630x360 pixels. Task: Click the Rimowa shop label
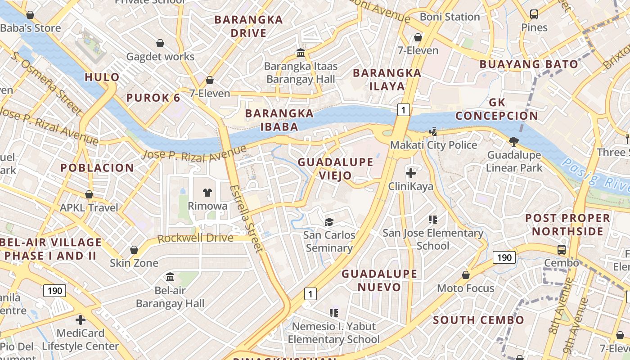[x=207, y=206]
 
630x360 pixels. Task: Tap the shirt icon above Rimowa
[x=207, y=193]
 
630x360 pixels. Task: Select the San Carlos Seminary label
[x=329, y=241]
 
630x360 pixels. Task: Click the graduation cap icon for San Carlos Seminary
[x=329, y=222]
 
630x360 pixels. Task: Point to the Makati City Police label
[x=433, y=145]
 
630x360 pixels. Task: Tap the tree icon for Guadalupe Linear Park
[x=514, y=142]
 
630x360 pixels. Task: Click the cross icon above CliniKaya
[x=410, y=173]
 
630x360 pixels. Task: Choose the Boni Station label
[x=450, y=17]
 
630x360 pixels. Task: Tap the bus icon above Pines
[x=534, y=14]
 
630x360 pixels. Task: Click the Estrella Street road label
[x=245, y=218]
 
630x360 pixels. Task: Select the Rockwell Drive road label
[x=195, y=238]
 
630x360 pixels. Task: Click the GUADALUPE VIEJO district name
[x=335, y=168]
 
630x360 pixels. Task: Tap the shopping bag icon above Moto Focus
[x=466, y=274]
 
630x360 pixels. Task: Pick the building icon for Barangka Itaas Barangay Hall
[x=301, y=53]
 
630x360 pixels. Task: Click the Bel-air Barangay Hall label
[x=170, y=297]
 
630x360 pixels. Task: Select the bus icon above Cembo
[x=562, y=249]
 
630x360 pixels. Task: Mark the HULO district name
[x=102, y=77]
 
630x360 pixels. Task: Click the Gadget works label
[x=160, y=57]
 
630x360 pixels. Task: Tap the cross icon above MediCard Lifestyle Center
[x=81, y=320]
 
